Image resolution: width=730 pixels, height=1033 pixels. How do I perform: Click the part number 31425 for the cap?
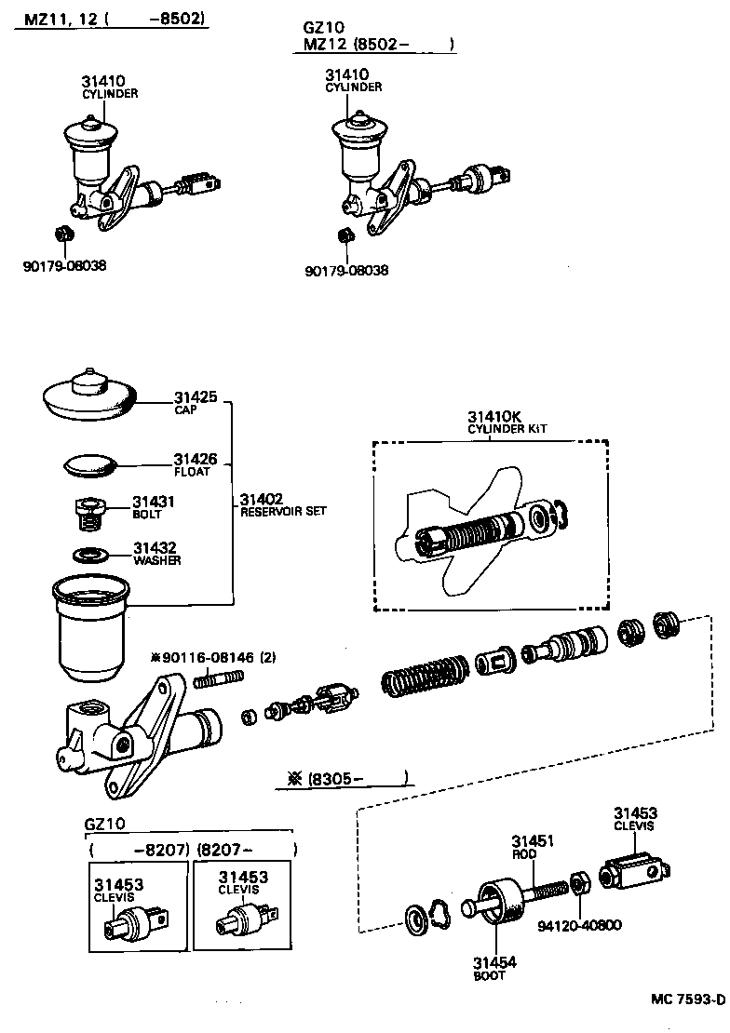tap(195, 397)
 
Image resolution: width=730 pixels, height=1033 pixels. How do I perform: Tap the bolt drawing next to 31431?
tap(88, 512)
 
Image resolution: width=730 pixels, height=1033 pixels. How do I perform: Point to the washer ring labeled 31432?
tap(90, 555)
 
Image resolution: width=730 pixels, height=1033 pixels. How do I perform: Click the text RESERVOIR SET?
tap(283, 512)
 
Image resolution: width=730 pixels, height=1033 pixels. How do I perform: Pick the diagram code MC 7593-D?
tap(687, 999)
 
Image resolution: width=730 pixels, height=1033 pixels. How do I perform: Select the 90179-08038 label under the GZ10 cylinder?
tap(346, 270)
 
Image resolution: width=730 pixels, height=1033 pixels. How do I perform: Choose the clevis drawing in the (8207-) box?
tap(244, 920)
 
